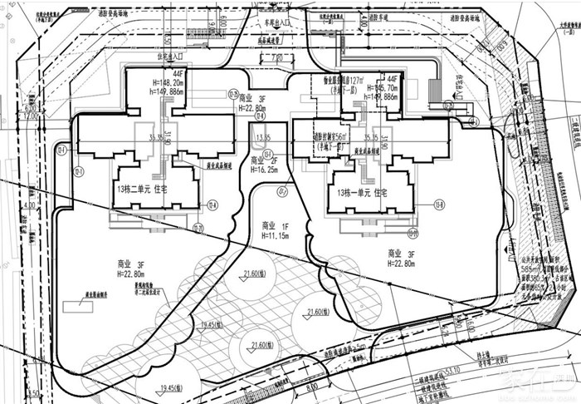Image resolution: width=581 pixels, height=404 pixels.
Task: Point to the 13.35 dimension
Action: click(263, 137)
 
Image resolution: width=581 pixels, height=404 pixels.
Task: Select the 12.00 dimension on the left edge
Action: click(32, 116)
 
